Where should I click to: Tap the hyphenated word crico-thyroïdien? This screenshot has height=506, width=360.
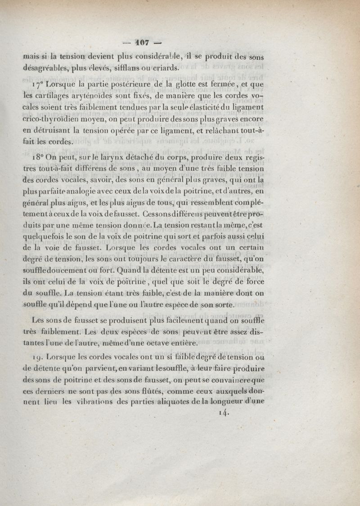[x=56, y=120]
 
